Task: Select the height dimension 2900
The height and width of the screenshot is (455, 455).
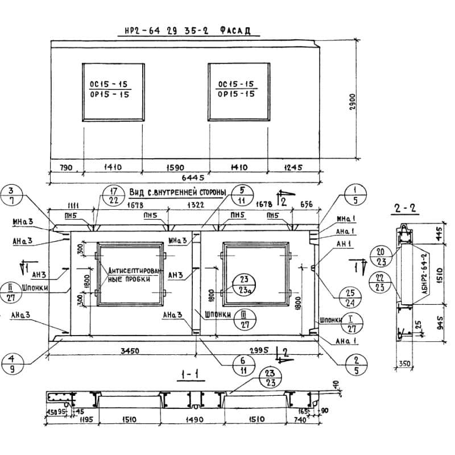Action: click(353, 102)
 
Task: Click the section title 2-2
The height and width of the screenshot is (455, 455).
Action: click(406, 208)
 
